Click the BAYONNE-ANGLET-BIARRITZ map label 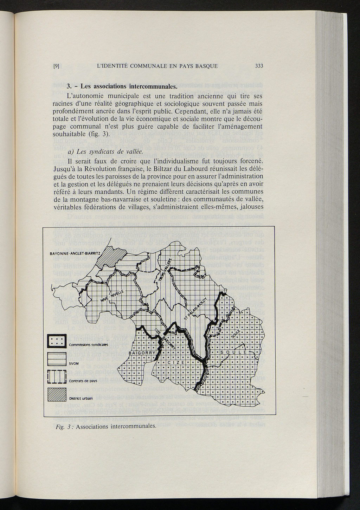pyautogui.click(x=75, y=253)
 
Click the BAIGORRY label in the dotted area pyautogui.click(x=142, y=353)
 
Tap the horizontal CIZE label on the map pyautogui.click(x=174, y=363)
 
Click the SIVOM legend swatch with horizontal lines pyautogui.click(x=57, y=360)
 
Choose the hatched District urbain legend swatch pyautogui.click(x=57, y=395)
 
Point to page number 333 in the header pyautogui.click(x=259, y=66)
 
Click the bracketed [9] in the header pyautogui.click(x=56, y=66)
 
